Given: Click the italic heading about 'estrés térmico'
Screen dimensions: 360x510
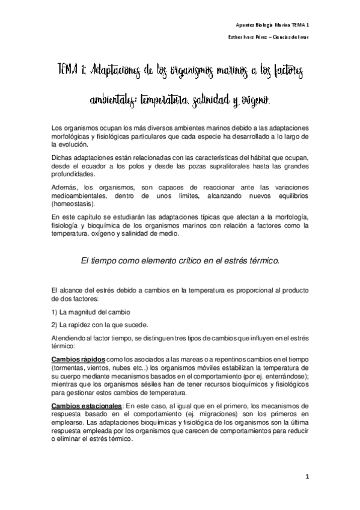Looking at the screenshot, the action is pos(180,260).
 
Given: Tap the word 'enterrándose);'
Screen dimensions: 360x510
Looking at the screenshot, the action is pos(288,375).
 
